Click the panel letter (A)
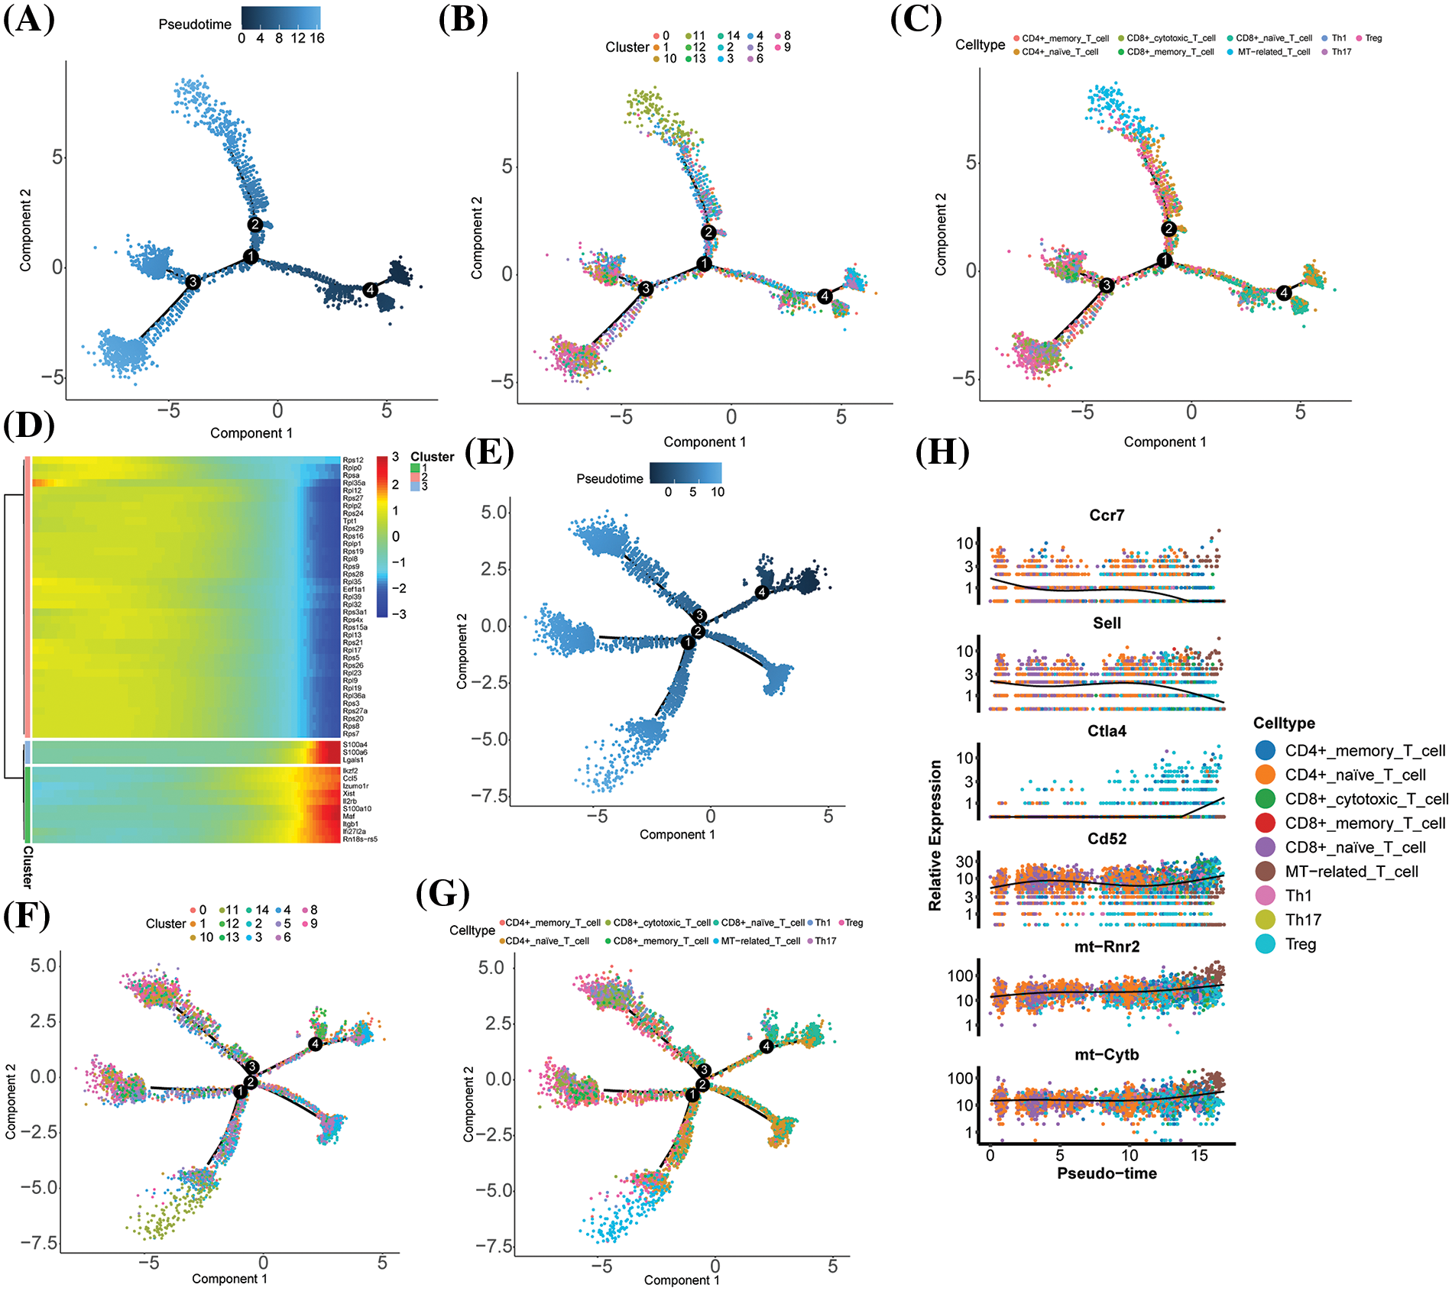(29, 19)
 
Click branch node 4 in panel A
(371, 290)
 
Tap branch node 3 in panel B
(646, 288)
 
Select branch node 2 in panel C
(1168, 228)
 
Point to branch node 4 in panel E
(761, 592)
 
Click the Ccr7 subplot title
(1107, 516)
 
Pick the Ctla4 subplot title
(1107, 731)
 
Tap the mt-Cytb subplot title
(1107, 1055)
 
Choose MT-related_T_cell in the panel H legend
(1351, 872)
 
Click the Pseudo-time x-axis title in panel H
(1107, 1173)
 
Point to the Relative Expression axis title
(935, 835)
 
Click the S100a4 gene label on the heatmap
(355, 745)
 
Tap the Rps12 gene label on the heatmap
(353, 460)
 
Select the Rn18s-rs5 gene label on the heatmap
(360, 839)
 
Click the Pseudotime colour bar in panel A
(280, 18)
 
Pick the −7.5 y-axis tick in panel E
(490, 796)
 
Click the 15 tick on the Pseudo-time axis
(1199, 1155)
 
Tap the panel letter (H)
(942, 452)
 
